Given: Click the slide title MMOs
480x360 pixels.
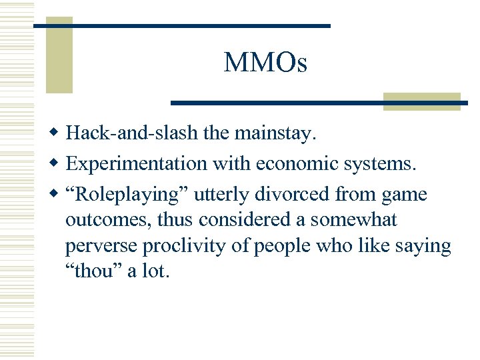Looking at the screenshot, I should [265, 63].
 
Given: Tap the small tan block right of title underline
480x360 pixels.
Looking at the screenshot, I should [422, 100].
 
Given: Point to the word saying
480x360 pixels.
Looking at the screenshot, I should [423, 246].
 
